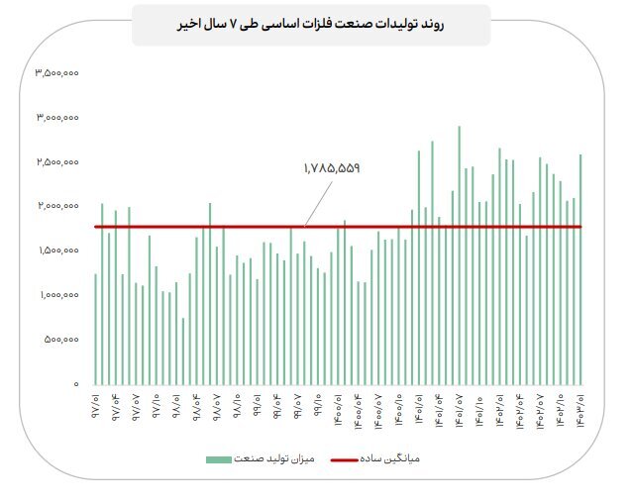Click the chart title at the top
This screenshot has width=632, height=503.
pos(310,24)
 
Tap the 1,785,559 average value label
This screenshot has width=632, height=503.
pos(331,168)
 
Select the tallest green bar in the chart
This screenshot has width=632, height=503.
pos(459,255)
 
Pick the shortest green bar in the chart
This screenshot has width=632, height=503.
pos(183,352)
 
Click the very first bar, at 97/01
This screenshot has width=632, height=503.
pos(95,329)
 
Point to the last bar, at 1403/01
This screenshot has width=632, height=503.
pos(580,269)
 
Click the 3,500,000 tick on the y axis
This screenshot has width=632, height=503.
pos(56,73)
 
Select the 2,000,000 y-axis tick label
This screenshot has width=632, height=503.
pos(58,206)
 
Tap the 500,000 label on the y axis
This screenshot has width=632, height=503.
pos(61,340)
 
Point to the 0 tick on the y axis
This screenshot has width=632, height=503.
pos(76,384)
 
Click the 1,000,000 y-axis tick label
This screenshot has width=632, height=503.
pos(59,295)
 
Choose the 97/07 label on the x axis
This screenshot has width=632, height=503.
pos(136,407)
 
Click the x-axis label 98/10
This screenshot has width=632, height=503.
pos(237,406)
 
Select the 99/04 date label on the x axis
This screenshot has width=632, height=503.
pos(277,407)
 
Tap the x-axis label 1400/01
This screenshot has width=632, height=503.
pos(338,410)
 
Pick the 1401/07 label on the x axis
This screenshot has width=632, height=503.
pos(459,411)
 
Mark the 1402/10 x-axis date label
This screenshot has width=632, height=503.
pos(561,411)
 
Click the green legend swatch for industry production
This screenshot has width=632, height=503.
pos(219,459)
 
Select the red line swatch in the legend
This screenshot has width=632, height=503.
pos(344,459)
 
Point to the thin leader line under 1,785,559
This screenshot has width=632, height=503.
pos(318,204)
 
